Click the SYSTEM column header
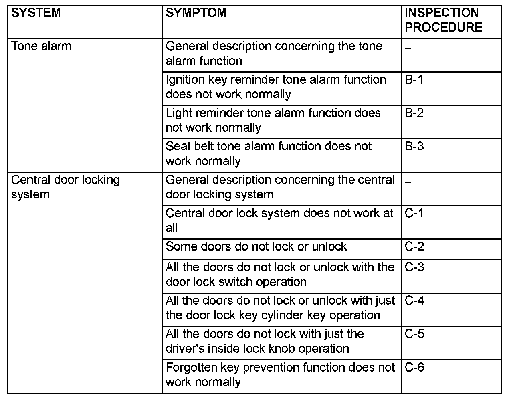click(36, 13)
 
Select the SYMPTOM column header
click(196, 13)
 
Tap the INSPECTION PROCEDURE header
click(443, 20)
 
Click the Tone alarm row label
click(41, 46)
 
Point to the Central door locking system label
click(65, 187)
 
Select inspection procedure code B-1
click(414, 79)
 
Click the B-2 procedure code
click(414, 113)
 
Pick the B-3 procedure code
click(414, 146)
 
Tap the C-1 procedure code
click(414, 213)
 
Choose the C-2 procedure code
click(414, 246)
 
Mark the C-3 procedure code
click(414, 267)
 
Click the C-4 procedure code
click(414, 300)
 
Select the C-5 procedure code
click(414, 333)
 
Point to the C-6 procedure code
click(414, 367)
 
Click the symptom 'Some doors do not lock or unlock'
click(256, 246)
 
